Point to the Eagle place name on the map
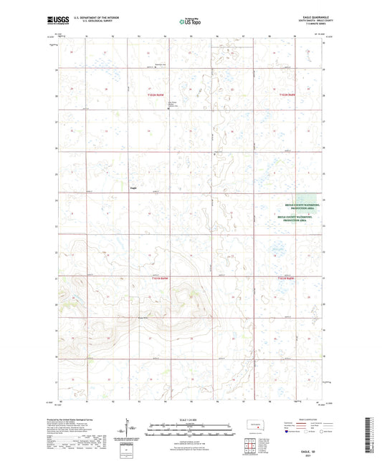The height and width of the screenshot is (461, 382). (133, 189)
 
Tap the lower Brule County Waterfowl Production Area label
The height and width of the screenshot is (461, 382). (299, 218)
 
